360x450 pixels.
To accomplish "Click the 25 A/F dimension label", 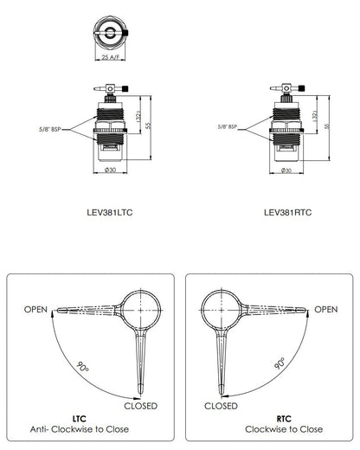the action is coord(110,57).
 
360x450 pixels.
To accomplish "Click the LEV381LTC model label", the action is coord(110,213).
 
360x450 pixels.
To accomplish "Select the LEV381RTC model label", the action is coord(287,213).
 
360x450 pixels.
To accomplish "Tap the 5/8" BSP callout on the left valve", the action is coord(50,130).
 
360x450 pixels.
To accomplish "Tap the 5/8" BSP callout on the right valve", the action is coord(228,126).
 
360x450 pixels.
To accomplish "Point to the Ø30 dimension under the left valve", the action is coord(110,170).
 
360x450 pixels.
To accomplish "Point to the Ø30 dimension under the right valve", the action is coord(286,170).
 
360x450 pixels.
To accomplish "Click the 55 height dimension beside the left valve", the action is coord(148,125).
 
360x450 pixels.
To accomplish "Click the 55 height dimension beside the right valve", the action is coord(326,126).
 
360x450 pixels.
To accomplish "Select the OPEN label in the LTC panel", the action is coord(35,310).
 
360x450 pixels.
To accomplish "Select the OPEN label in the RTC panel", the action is coord(325,310).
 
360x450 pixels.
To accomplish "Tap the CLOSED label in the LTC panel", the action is coord(141,406).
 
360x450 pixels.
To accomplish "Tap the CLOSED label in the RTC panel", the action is coord(221,406).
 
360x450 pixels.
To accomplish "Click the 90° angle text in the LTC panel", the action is coord(82,366).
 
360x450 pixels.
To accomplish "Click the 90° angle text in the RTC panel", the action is coord(280,363).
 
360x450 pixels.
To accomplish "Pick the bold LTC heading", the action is coord(80,419).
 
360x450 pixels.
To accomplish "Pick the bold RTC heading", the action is coord(284,419).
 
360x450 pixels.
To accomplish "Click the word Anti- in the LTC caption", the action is coord(40,429).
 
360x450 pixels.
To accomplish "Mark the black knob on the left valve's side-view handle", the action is coord(125,88).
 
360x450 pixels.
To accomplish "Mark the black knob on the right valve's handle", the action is coord(301,88).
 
